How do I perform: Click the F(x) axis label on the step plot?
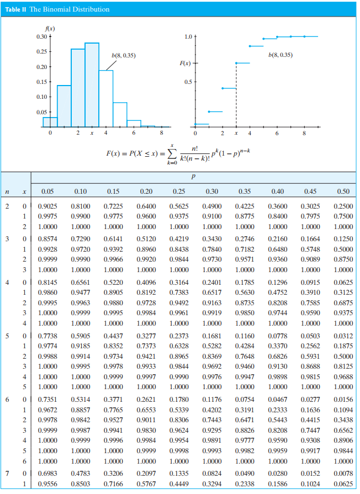point(186,64)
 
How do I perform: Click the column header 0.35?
point(244,192)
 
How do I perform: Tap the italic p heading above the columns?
point(193,178)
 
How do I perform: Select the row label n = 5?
point(8,336)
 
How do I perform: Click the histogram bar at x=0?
point(50,121)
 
